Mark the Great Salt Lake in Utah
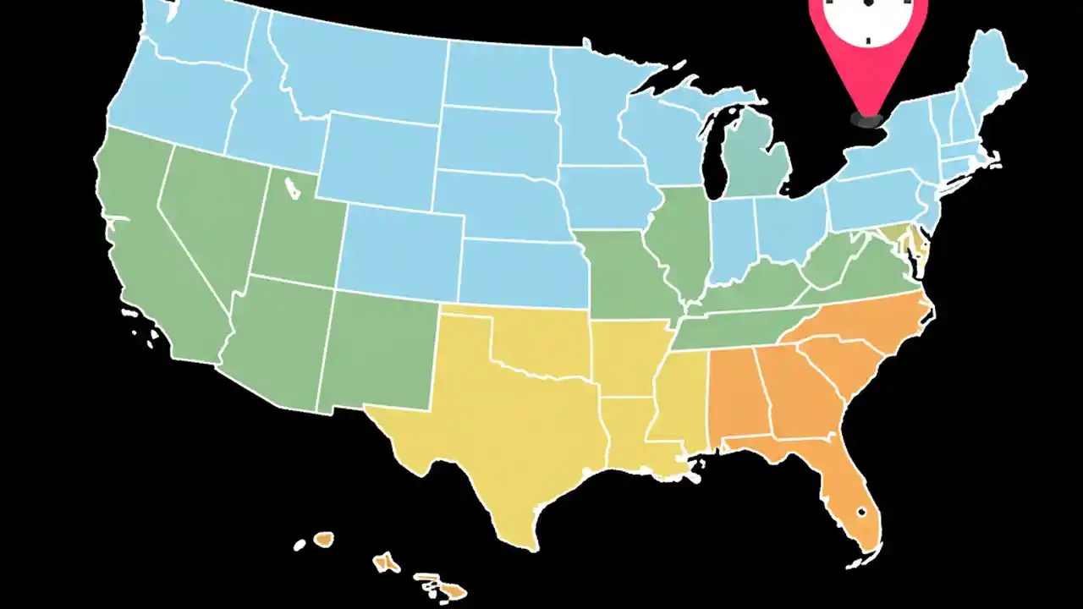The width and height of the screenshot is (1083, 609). coord(292,187)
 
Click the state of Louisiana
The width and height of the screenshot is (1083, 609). coord(630,431)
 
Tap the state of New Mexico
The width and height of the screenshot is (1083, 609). coord(377,351)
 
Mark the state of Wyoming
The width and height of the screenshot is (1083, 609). coord(381,161)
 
